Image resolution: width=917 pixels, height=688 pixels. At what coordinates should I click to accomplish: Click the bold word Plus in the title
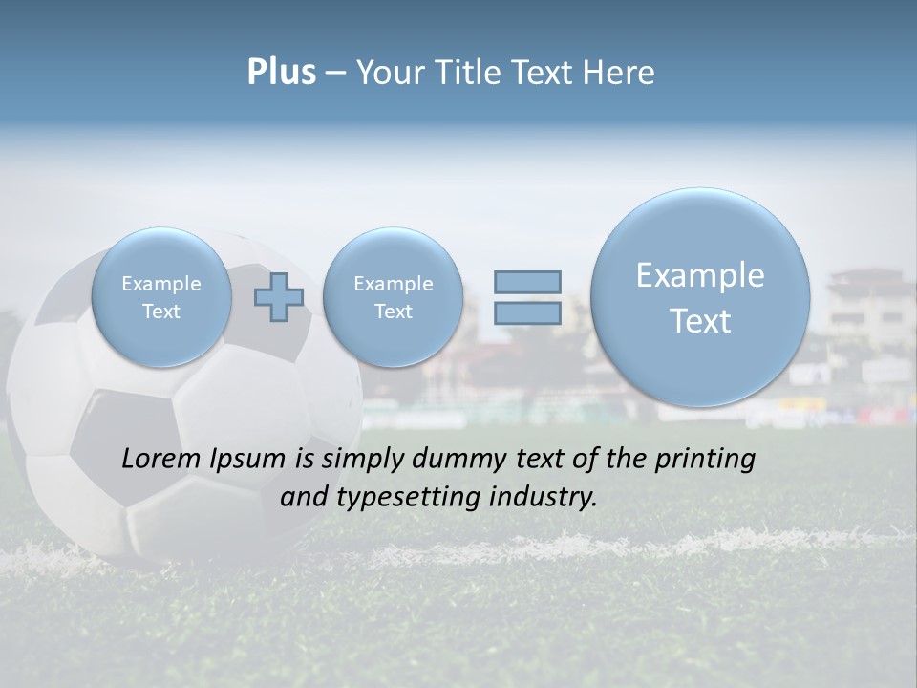[281, 73]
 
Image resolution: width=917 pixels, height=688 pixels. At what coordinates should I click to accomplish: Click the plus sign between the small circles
[279, 296]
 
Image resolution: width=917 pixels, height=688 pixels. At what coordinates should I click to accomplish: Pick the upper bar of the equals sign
[527, 282]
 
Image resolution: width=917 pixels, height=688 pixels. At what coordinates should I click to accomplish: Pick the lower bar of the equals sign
[527, 312]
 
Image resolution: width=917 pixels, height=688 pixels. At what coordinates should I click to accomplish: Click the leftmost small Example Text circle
[161, 297]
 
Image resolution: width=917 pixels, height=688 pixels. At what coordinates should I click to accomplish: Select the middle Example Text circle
[393, 297]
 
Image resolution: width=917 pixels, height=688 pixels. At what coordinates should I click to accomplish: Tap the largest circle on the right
[700, 297]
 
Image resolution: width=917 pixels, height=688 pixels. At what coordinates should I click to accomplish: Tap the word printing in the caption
[705, 460]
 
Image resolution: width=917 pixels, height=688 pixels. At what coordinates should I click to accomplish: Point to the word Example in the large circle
[700, 275]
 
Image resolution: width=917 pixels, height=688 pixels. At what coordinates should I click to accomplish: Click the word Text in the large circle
[700, 321]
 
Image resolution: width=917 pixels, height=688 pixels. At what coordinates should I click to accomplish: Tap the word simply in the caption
[356, 460]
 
